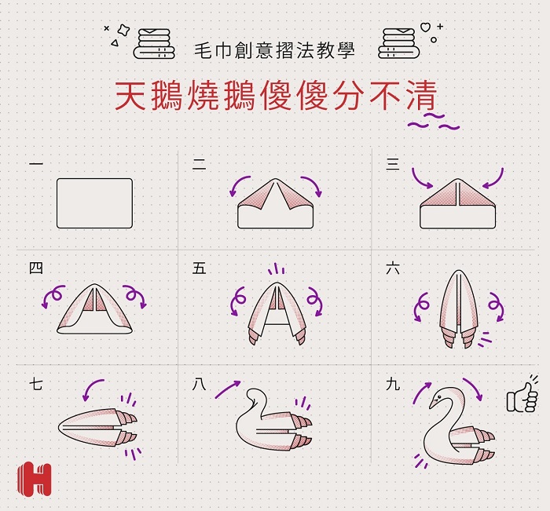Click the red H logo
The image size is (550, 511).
pyautogui.click(x=34, y=479)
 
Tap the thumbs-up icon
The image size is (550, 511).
pyautogui.click(x=522, y=396)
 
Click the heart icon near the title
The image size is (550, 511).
pyautogui.click(x=426, y=27)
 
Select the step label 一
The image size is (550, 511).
pyautogui.click(x=36, y=163)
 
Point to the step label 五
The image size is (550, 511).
pyautogui.click(x=199, y=268)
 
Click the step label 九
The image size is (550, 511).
pyautogui.click(x=393, y=384)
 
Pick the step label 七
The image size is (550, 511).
pyautogui.click(x=36, y=384)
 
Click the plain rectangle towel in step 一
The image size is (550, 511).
pyautogui.click(x=95, y=203)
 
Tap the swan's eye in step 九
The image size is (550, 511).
pyautogui.click(x=437, y=397)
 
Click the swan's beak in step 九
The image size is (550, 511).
pyautogui.click(x=432, y=403)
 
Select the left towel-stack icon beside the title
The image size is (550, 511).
pyautogui.click(x=154, y=43)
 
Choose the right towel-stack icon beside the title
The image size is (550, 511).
pyautogui.click(x=399, y=43)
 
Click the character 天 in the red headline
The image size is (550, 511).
pyautogui.click(x=130, y=96)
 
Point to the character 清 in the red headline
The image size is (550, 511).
pyautogui.click(x=421, y=96)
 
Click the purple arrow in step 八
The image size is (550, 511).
pyautogui.click(x=228, y=389)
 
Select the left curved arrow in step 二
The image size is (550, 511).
pyautogui.click(x=239, y=185)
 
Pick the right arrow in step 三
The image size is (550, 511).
pyautogui.click(x=494, y=179)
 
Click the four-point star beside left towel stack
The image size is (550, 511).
pyautogui.click(x=123, y=30)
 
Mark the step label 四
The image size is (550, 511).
pyautogui.click(x=36, y=268)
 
